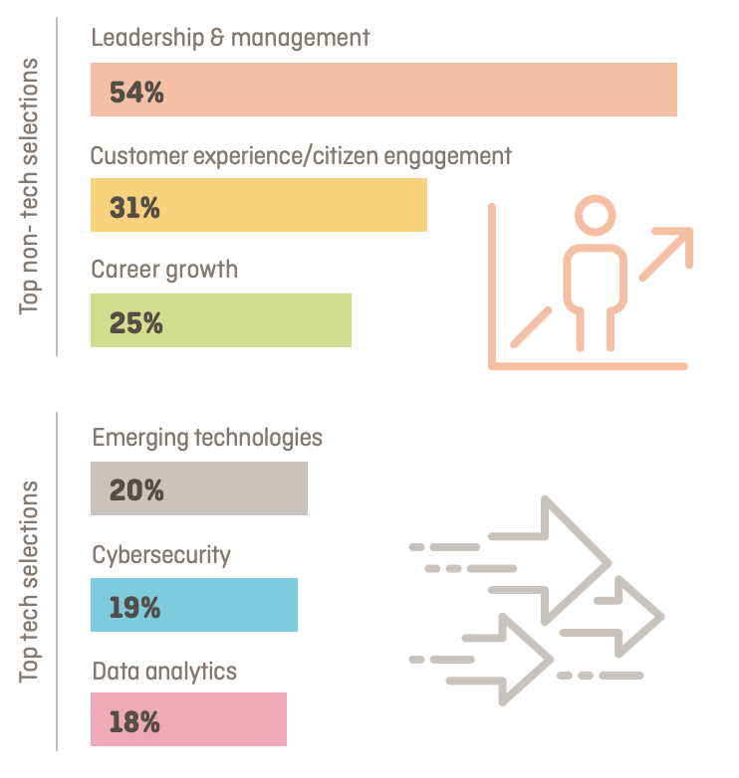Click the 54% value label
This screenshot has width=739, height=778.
point(136,93)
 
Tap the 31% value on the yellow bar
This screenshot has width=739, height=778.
point(134,208)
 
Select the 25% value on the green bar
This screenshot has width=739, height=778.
point(136,323)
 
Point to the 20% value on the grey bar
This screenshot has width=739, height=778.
point(136,490)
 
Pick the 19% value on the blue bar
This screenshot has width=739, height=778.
point(134,606)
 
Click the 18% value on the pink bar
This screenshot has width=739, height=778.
point(134,721)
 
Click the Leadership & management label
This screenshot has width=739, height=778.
point(230,38)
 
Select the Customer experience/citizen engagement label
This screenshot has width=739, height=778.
point(301,155)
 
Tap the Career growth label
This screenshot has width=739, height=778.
point(164,270)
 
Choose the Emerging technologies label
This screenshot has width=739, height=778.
point(207,438)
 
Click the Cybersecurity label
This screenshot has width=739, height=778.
point(161,553)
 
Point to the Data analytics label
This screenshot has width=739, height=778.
point(164,671)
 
